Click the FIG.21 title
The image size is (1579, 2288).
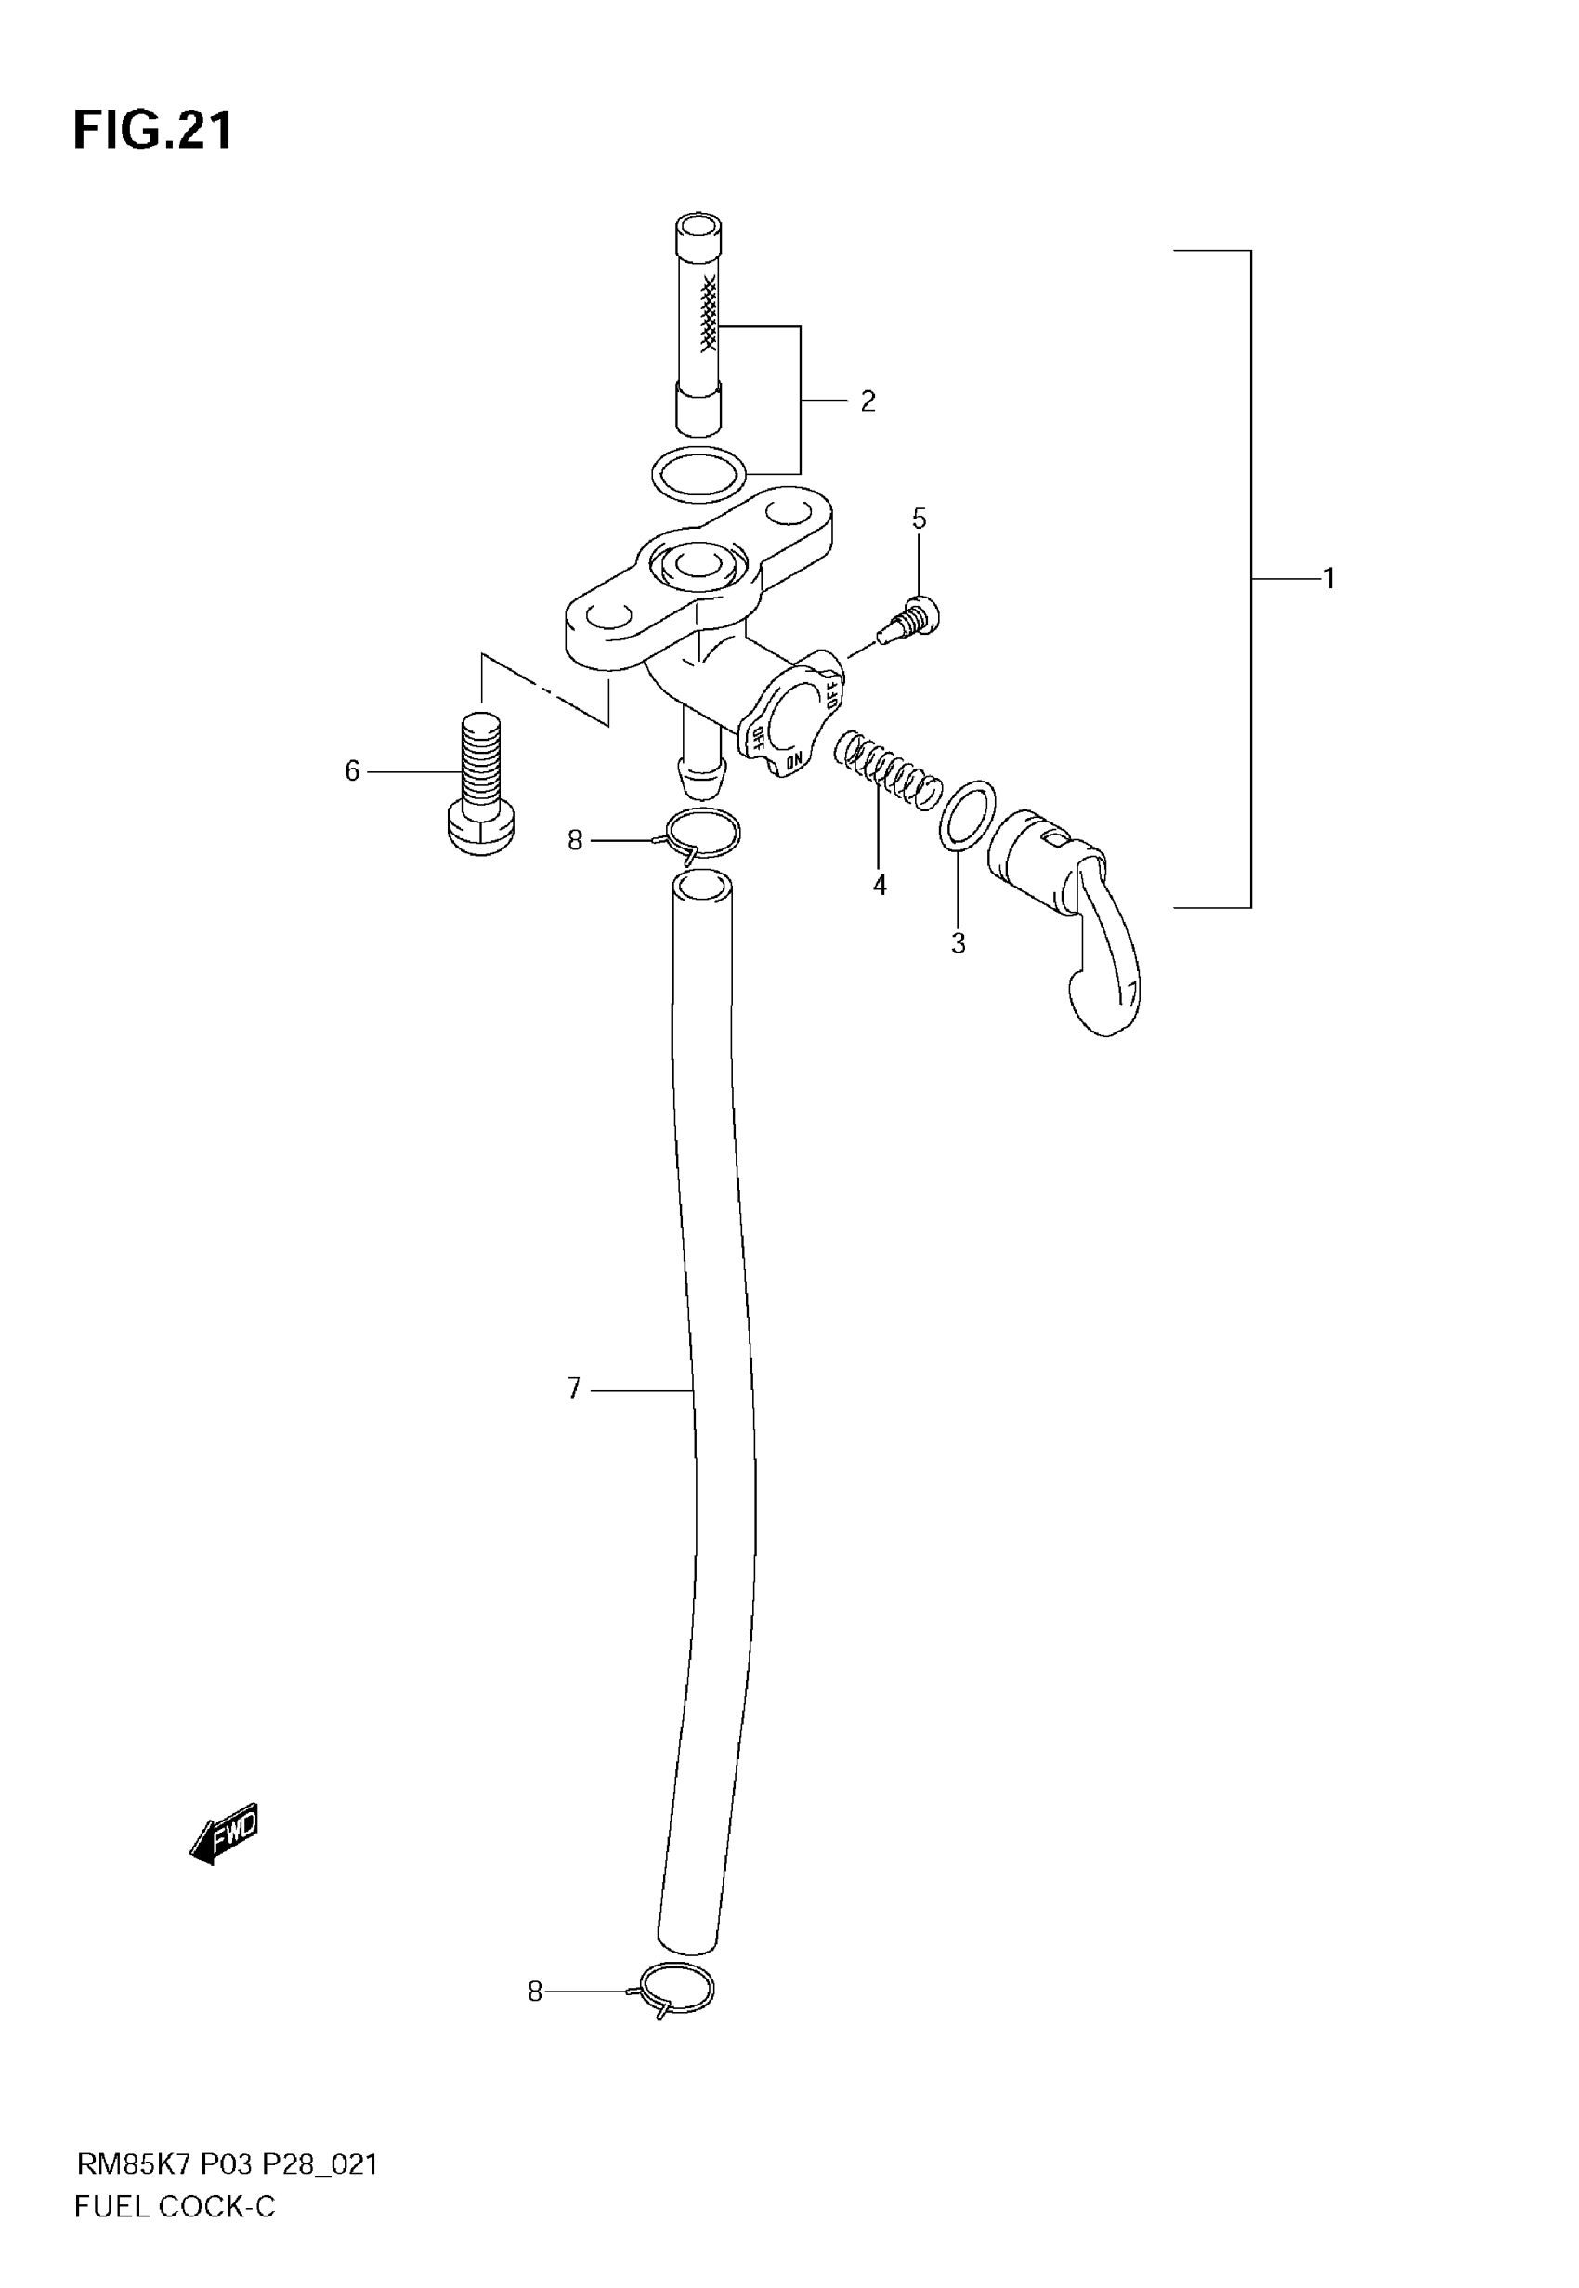click(153, 131)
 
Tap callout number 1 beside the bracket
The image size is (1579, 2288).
click(1329, 578)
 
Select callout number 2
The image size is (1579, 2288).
click(868, 401)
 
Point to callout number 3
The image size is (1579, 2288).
click(958, 944)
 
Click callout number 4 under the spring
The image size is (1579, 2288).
click(880, 886)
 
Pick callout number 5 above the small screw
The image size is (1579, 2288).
click(920, 519)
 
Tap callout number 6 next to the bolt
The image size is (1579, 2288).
click(352, 771)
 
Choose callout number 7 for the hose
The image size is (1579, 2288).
click(574, 1389)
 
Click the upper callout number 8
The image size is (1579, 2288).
click(575, 841)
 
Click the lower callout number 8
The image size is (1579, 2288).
click(535, 1992)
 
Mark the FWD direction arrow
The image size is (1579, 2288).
click(225, 1834)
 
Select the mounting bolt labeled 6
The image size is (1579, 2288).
click(481, 783)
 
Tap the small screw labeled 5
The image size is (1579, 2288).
click(911, 621)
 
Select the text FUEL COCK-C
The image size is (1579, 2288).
click(176, 2207)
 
